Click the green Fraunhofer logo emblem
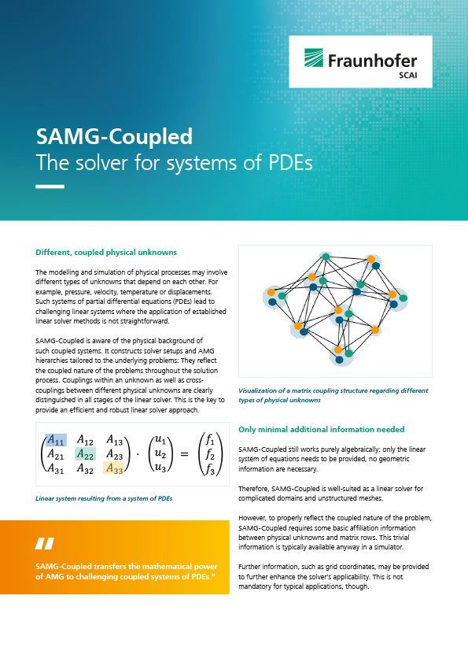click(314, 57)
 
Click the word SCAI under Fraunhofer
click(407, 76)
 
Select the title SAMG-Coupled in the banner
click(114, 136)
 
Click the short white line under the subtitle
click(50, 187)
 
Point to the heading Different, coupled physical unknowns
click(106, 253)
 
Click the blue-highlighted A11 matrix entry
click(56, 440)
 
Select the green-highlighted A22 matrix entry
click(85, 454)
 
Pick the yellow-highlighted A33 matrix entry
click(113, 468)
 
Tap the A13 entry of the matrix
click(114, 440)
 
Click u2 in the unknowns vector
click(160, 454)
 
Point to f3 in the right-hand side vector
click(210, 468)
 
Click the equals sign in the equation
click(184, 455)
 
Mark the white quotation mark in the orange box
click(45, 543)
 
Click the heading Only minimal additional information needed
click(322, 429)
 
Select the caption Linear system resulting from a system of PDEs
click(104, 498)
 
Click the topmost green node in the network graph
click(326, 257)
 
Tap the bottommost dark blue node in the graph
click(339, 360)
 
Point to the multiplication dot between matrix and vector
click(137, 455)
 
